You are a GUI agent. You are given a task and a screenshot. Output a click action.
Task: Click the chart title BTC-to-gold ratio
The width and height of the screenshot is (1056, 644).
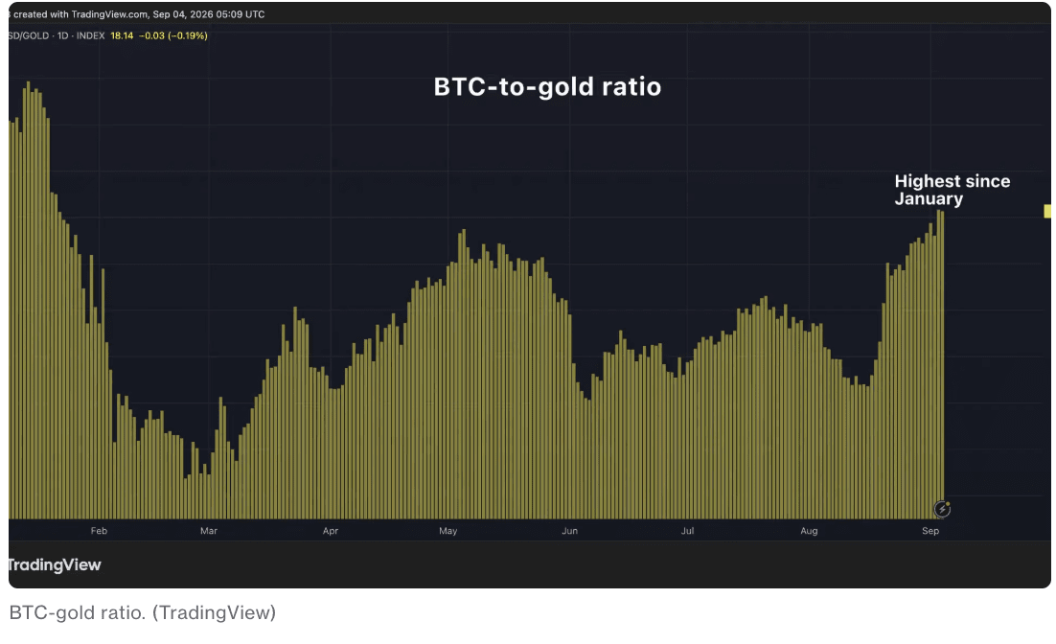[547, 87]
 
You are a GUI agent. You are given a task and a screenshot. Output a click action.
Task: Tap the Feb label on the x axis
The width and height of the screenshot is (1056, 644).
[99, 531]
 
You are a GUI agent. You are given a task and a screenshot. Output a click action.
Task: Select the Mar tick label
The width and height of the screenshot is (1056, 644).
[209, 531]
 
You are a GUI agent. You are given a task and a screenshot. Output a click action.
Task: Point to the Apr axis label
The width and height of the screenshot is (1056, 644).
[330, 531]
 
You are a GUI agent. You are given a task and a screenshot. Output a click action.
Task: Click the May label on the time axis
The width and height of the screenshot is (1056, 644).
[448, 531]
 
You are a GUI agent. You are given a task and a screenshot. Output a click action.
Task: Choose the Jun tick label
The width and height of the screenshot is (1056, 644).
[570, 531]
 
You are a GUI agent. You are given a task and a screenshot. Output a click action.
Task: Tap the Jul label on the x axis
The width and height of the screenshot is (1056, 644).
[687, 531]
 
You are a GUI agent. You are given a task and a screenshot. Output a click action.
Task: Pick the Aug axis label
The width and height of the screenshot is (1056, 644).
[809, 531]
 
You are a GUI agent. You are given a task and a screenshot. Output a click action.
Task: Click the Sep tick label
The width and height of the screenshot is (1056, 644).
[930, 531]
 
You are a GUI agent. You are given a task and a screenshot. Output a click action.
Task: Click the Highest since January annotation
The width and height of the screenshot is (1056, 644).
[953, 190]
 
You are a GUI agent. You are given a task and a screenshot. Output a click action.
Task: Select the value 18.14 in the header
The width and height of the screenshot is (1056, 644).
[122, 35]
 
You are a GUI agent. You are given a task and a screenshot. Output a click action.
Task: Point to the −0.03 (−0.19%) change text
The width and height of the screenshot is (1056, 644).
[173, 35]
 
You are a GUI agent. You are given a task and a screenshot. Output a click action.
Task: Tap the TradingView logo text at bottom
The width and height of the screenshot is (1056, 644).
[55, 564]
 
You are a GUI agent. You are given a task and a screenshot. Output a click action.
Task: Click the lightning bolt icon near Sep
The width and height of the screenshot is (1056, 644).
[942, 509]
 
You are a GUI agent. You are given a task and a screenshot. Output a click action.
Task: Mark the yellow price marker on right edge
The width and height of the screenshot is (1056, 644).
[1047, 212]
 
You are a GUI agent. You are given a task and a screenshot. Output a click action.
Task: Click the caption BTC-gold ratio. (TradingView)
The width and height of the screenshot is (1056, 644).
[143, 612]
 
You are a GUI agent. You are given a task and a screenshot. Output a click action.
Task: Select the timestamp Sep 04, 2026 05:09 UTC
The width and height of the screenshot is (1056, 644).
[209, 14]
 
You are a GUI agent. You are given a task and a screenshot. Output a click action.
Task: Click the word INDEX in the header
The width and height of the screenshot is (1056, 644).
[90, 35]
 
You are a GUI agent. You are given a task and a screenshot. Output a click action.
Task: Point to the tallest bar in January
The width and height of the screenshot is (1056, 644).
[28, 301]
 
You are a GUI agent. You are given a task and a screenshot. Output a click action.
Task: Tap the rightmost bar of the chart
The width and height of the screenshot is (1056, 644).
[942, 364]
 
